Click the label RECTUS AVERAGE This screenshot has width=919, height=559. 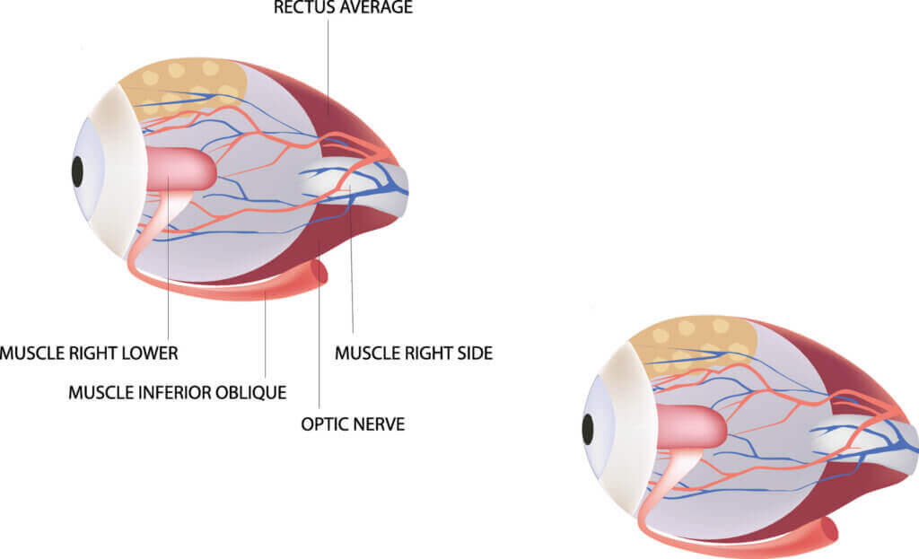tap(343, 7)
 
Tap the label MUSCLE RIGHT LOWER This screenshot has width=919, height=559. tap(89, 354)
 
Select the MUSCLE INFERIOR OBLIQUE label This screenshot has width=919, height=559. tap(178, 393)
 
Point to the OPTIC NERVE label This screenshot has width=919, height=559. tap(353, 424)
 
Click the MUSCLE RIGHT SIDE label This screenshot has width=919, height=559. tap(414, 354)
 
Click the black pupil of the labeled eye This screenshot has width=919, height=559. tap(77, 172)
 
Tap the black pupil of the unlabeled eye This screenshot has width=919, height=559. tap(588, 430)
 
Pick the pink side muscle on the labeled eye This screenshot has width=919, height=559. tap(179, 169)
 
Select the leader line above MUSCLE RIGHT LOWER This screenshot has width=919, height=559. tap(168, 257)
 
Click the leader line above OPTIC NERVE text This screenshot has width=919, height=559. tap(319, 322)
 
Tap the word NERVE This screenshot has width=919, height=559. tap(378, 424)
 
